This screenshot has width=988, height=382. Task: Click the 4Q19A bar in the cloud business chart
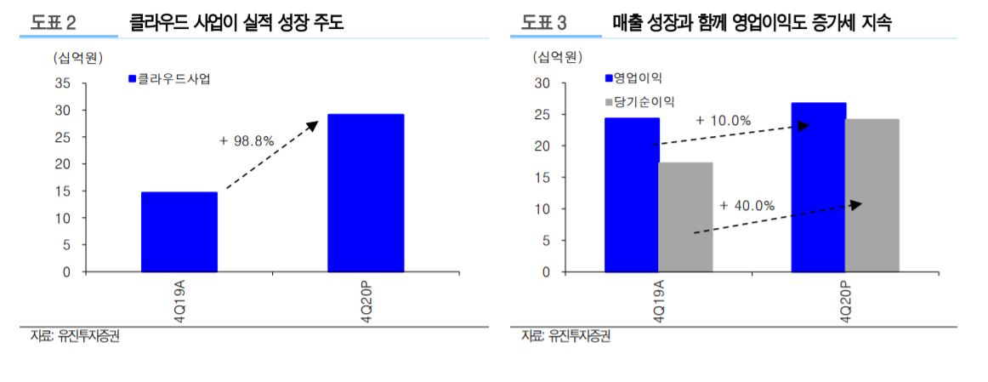(x=179, y=231)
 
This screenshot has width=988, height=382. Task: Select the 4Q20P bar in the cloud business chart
(x=366, y=192)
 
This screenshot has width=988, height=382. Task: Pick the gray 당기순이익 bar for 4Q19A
(x=685, y=217)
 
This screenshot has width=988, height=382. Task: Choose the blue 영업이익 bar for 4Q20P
(x=818, y=187)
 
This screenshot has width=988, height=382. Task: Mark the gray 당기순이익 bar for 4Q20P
(x=872, y=195)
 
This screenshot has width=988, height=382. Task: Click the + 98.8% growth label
(x=247, y=141)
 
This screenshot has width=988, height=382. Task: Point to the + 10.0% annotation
(x=723, y=121)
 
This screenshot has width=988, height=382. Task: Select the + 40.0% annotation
(x=747, y=205)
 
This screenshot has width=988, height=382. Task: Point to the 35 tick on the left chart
(x=63, y=83)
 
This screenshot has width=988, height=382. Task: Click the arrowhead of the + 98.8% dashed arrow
(x=312, y=125)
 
